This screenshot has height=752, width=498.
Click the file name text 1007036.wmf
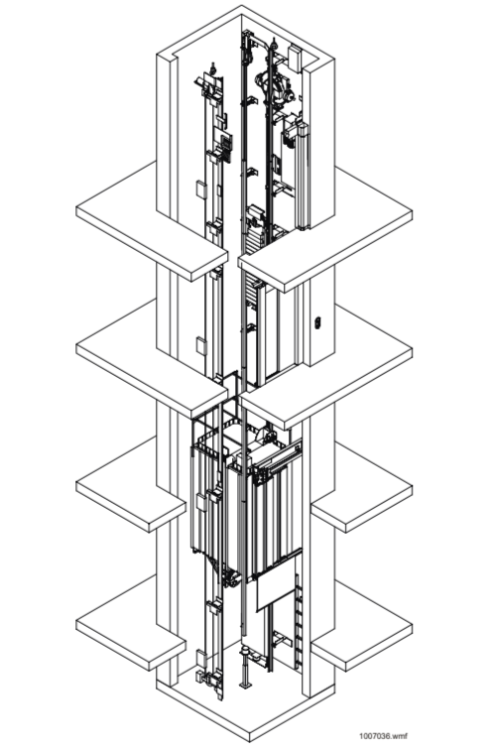click(383, 736)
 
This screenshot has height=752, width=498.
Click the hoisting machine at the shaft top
click(275, 87)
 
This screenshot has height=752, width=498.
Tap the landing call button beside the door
click(317, 323)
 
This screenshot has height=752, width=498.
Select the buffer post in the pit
click(247, 667)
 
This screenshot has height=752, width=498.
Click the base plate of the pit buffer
click(246, 686)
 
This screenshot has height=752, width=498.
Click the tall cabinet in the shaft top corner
click(303, 176)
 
